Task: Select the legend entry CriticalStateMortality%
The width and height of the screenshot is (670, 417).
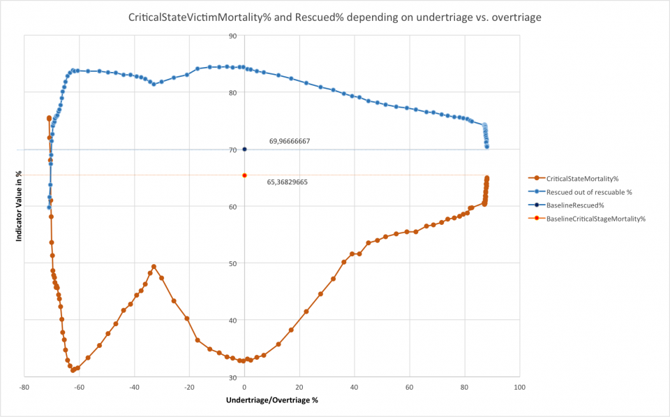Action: click(582, 179)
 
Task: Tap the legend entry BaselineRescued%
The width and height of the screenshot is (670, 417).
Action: click(574, 205)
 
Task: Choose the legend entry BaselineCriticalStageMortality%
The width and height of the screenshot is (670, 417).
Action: click(595, 219)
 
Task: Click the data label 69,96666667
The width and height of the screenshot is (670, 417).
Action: click(290, 141)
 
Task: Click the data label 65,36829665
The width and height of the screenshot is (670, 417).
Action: click(288, 182)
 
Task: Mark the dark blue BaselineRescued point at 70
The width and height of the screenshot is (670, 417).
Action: click(244, 149)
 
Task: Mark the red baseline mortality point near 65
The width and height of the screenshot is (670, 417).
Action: click(244, 175)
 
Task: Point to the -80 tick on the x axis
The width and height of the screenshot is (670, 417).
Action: click(24, 386)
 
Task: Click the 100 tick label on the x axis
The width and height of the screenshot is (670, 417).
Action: click(519, 386)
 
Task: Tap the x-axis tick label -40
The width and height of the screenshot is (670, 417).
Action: click(134, 386)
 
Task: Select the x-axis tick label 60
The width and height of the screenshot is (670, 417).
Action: click(409, 386)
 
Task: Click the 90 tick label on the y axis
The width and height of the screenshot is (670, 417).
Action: click(232, 36)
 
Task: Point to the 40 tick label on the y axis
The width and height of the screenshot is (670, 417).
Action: click(232, 320)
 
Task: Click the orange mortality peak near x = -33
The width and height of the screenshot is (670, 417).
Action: click(154, 267)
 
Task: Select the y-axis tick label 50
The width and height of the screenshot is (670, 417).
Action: click(232, 263)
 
